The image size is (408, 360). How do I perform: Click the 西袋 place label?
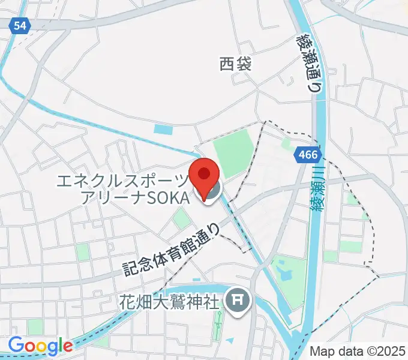click(x=235, y=64)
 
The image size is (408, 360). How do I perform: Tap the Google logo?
click(x=40, y=345)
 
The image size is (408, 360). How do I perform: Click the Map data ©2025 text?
click(x=358, y=350)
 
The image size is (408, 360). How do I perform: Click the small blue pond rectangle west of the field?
click(x=163, y=128)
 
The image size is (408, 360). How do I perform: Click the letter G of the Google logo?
click(x=17, y=345)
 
